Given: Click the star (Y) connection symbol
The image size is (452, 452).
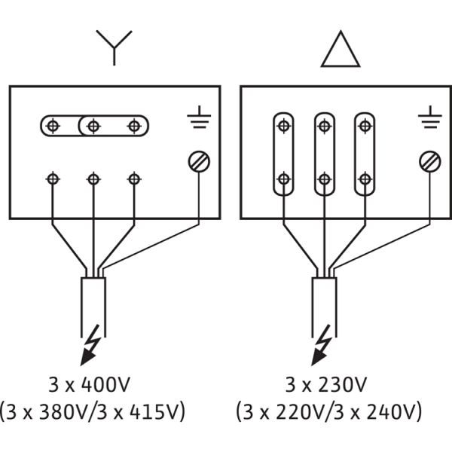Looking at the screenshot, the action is [x=115, y=47].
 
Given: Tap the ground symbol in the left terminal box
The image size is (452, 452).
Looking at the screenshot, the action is [x=199, y=117].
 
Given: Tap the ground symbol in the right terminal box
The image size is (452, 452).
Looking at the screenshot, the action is [x=430, y=117].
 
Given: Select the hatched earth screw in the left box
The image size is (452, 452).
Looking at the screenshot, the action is [x=199, y=161].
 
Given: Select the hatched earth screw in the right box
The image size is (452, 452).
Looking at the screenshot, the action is [x=430, y=161].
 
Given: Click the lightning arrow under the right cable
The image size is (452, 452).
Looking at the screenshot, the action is [x=321, y=345].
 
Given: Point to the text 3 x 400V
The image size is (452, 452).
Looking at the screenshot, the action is [x=89, y=384].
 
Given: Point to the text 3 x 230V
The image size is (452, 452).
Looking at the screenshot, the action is [x=325, y=384].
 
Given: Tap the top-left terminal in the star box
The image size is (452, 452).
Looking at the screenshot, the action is [x=53, y=126].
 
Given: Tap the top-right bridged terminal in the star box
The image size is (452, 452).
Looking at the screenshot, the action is [x=134, y=126].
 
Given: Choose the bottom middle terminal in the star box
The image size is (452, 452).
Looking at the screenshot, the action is [x=93, y=179].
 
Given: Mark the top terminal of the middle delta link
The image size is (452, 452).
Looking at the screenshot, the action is [x=325, y=126].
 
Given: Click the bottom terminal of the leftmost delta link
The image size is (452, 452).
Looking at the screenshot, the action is [x=284, y=179].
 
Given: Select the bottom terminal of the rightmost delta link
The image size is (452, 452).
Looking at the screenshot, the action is [x=365, y=179].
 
